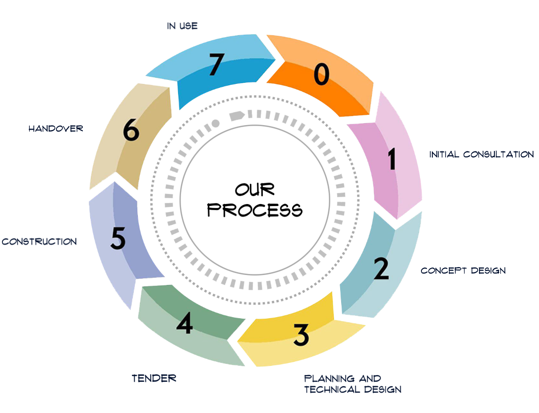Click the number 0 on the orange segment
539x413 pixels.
pos(321,75)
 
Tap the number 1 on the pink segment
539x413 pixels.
pos(392,160)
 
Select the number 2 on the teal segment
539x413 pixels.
pos(381,269)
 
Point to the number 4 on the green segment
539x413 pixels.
pos(184,323)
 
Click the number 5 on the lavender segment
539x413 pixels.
pos(118,239)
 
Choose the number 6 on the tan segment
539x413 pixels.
pos(131,131)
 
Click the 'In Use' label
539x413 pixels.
pos(182,26)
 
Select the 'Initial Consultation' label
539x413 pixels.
pos(481,154)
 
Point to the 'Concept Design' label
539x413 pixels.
pos(463,271)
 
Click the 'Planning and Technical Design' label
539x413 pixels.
pos(352,384)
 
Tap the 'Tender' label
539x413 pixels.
pos(154,378)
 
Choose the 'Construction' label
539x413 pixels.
pos(39,242)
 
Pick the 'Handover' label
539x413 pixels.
pos(56,129)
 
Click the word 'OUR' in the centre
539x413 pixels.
pos(254,190)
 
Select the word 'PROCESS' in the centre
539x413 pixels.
pos(255,210)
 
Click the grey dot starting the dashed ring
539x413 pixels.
pos(215,123)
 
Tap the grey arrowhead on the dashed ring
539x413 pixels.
pos(237,116)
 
